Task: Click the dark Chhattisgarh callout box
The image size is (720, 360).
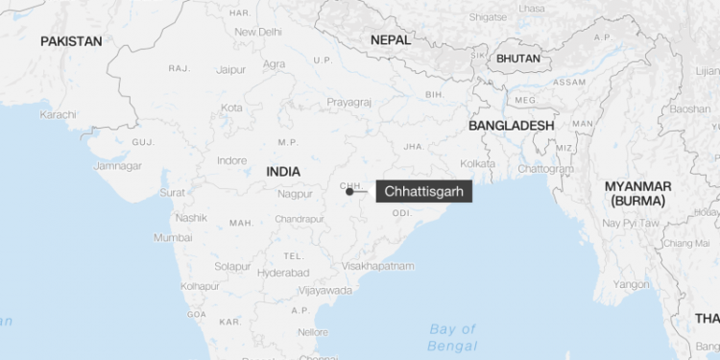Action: pos(423,191)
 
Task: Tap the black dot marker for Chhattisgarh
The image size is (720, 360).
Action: pos(349,191)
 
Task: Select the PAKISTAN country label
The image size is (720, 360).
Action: pos(71,41)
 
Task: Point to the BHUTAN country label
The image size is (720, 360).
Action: pos(518,59)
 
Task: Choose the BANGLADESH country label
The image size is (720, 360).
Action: pos(511,126)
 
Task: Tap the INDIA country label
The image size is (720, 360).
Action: pos(283,171)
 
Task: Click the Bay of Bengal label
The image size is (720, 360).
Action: pos(452,336)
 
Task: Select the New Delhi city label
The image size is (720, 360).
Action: pos(258,32)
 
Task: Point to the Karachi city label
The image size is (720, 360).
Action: pos(58,114)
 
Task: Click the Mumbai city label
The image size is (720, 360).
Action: pos(173,237)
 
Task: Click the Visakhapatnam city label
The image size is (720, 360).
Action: pos(378,265)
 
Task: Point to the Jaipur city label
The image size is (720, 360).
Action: pos(231,69)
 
